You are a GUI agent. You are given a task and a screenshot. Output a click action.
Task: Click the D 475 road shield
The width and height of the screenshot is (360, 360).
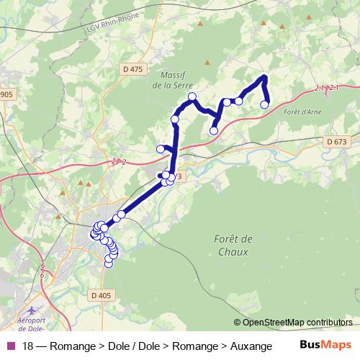[132, 68]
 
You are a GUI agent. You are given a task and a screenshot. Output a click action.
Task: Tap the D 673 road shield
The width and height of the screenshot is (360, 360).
[336, 142]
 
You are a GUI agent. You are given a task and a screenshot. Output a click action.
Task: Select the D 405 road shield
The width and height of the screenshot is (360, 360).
[102, 295]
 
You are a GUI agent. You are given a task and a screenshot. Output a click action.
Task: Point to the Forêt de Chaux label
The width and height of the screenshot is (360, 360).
[233, 246]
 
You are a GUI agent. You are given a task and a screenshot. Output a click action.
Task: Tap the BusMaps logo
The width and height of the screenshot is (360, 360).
[325, 346]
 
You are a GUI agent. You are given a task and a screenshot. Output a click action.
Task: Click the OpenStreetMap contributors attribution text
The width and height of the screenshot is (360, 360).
[298, 323]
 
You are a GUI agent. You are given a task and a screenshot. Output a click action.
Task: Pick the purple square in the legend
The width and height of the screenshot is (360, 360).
[11, 346]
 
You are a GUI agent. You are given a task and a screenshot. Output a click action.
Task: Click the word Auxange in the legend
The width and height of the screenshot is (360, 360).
[251, 346]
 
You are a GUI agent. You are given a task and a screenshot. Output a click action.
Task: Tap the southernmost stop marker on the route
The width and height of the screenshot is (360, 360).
[109, 264]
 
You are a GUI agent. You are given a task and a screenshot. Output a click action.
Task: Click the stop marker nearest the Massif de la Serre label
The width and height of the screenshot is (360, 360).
[192, 96]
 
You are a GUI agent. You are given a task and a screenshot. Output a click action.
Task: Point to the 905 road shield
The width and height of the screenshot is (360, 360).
[6, 94]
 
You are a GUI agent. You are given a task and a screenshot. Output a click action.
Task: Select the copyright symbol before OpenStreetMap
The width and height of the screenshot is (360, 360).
[238, 323]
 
